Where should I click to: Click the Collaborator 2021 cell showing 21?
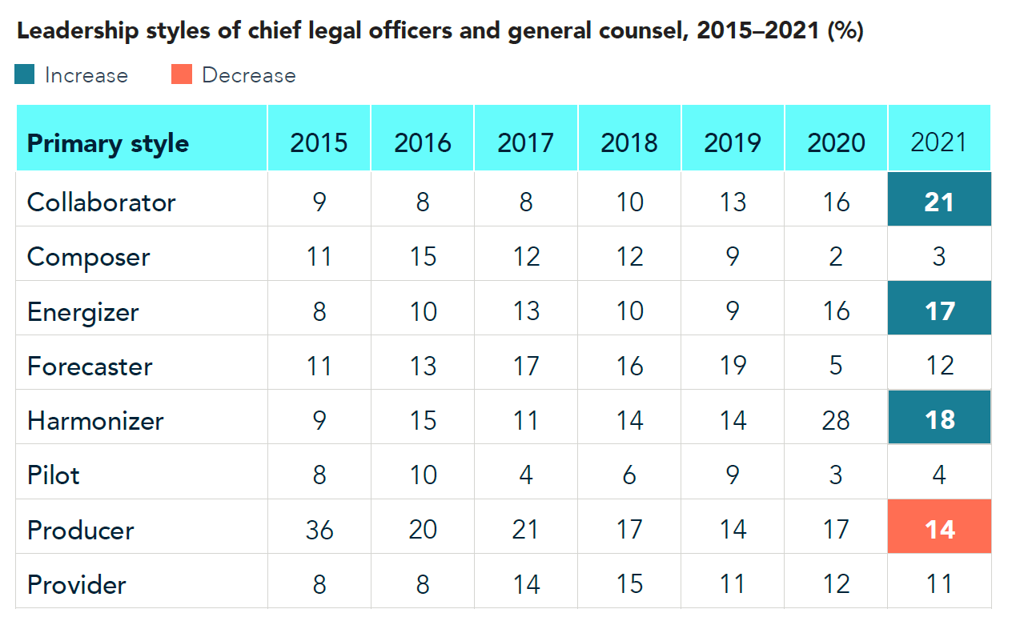tap(939, 201)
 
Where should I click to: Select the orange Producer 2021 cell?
tap(939, 529)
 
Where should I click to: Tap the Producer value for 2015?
tap(319, 529)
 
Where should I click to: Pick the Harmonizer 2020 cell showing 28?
tap(836, 420)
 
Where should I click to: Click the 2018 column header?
tap(629, 142)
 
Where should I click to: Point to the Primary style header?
tap(108, 144)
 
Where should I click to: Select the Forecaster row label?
tap(90, 366)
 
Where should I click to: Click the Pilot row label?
tap(54, 475)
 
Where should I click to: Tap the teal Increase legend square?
tap(25, 74)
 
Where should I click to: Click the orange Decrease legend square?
tap(182, 74)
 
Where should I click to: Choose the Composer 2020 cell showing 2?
tap(836, 256)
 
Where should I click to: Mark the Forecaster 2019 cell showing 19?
tap(733, 366)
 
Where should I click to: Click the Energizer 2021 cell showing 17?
tap(939, 310)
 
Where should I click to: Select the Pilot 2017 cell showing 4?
tap(526, 475)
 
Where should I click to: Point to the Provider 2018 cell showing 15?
tap(629, 583)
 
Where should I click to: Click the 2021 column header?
tap(939, 142)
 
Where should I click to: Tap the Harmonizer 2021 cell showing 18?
tap(939, 420)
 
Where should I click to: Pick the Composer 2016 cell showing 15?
tap(422, 256)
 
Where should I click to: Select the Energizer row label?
tap(82, 311)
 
